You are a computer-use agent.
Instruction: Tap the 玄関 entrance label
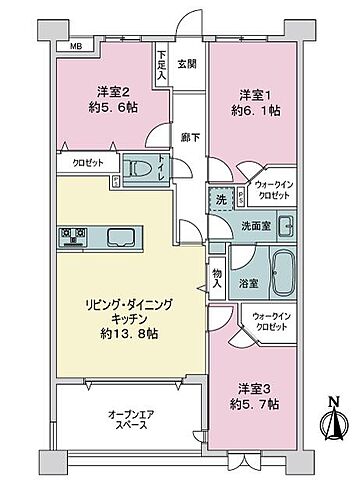(187, 65)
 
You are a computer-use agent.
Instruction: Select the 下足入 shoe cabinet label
(161, 67)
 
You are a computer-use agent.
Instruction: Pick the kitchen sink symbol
(124, 238)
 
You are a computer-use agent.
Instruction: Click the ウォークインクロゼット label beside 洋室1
(272, 189)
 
